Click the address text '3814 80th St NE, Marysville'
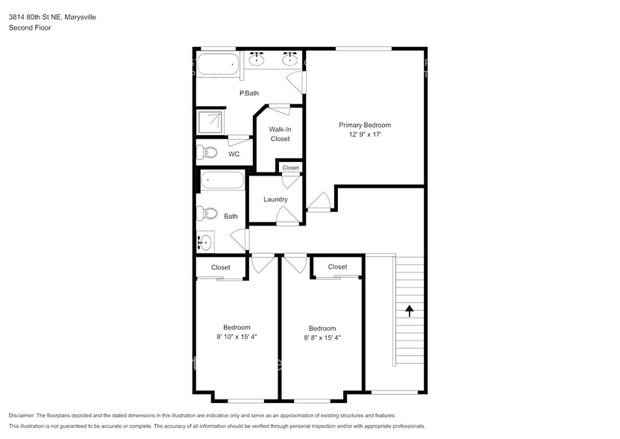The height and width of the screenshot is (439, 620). pos(52,16)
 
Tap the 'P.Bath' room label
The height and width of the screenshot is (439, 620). pos(248,93)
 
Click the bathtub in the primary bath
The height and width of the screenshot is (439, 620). pos(217,64)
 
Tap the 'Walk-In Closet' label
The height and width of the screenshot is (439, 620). pos(280,134)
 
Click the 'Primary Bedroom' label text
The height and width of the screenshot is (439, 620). pos(364,125)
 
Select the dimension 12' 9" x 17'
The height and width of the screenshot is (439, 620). pos(364,135)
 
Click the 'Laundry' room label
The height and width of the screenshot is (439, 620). pos(275,199)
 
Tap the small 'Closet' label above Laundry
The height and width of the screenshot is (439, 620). pos(290,168)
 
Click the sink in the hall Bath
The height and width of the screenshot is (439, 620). pos(204,242)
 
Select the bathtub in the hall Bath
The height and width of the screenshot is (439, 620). pos(222,181)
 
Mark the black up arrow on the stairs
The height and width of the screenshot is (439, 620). pos(409,308)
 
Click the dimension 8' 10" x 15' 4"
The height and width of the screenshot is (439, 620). pos(237,337)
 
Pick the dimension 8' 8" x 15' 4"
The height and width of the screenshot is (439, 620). pos(322,337)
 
